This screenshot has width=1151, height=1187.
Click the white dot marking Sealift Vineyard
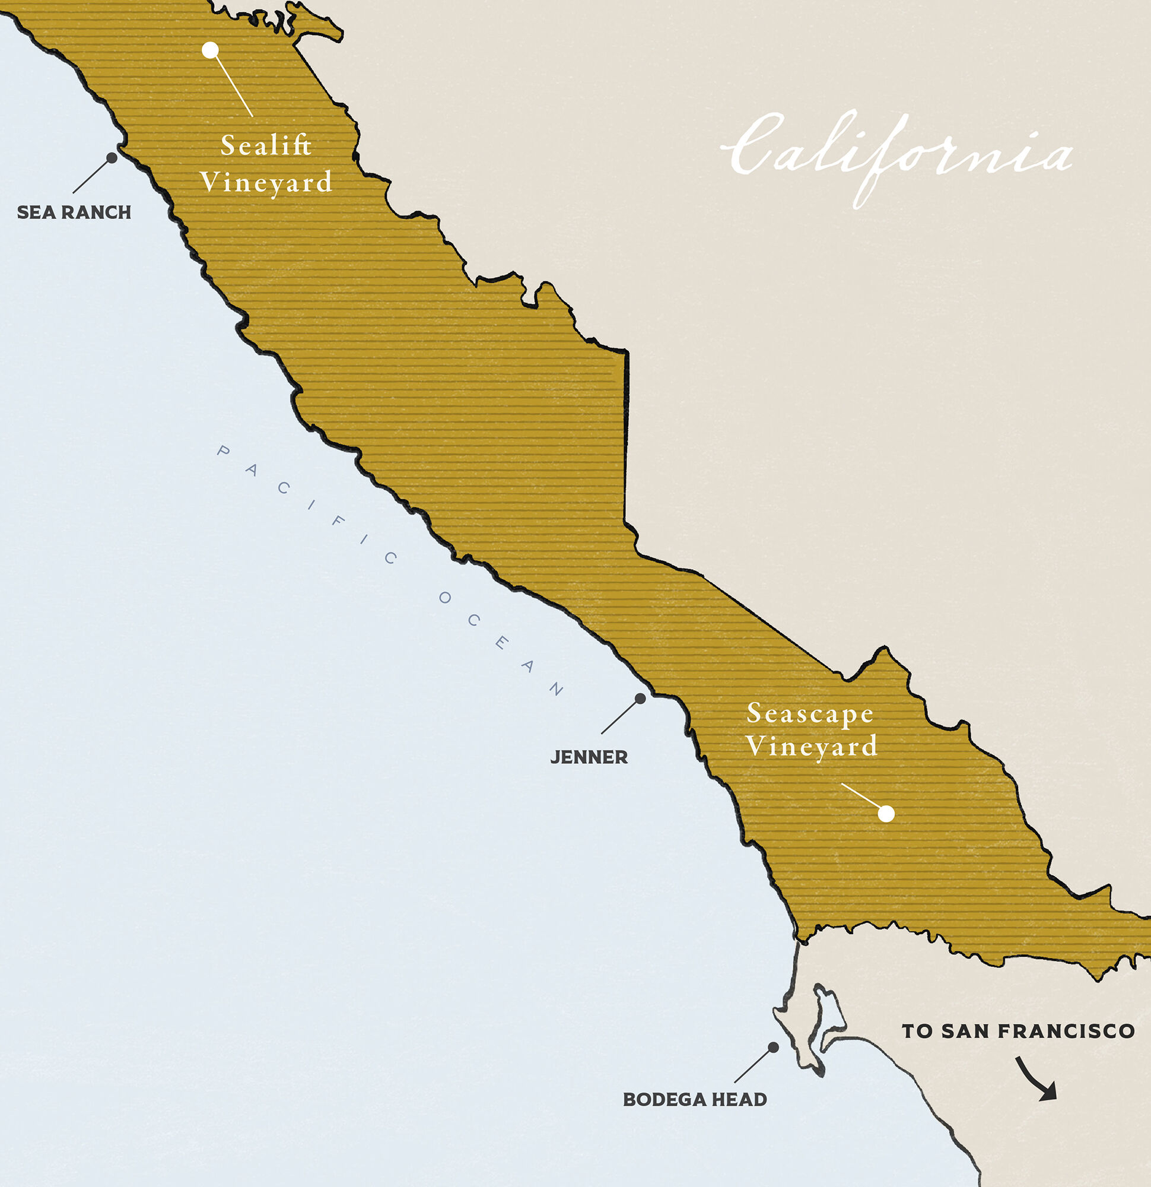(x=210, y=50)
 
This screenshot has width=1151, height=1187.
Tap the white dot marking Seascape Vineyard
(x=886, y=813)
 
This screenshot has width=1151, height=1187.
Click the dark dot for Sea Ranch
(x=112, y=157)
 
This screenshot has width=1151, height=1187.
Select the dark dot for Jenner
(x=640, y=699)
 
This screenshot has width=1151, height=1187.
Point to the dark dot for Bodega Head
(x=773, y=1047)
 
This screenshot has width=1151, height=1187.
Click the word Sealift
(x=266, y=145)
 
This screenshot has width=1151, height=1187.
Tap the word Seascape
(x=810, y=713)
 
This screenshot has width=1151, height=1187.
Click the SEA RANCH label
(x=74, y=212)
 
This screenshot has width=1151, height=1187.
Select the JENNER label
(x=589, y=757)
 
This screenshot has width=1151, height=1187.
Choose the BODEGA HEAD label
(x=695, y=1099)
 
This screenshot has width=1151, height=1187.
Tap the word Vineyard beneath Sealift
(x=266, y=182)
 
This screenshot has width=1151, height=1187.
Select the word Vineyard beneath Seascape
(x=811, y=746)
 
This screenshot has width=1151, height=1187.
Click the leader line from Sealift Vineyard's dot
(x=234, y=85)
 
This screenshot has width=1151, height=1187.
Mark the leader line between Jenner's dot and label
(x=621, y=716)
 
